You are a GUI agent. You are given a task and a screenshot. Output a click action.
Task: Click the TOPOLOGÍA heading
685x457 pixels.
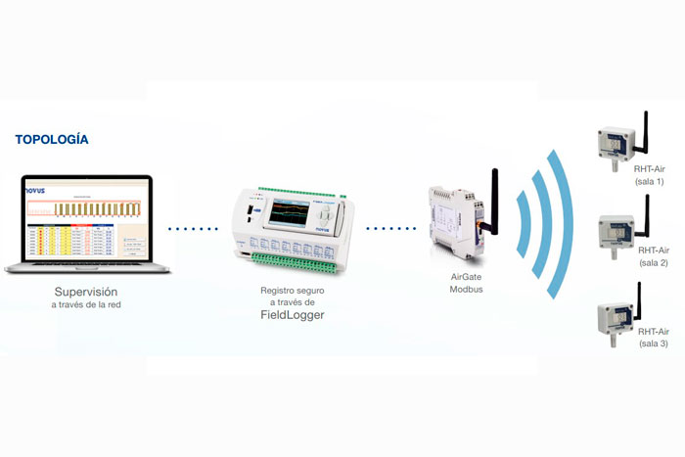click(52, 140)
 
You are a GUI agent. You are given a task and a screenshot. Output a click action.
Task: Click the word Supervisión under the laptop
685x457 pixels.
click(86, 291)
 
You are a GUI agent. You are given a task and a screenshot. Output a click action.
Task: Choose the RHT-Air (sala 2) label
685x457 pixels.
click(651, 256)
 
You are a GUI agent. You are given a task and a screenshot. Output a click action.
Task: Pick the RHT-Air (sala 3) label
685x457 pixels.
click(651, 338)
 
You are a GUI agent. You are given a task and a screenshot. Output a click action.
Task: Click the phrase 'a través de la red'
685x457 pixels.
click(86, 306)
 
